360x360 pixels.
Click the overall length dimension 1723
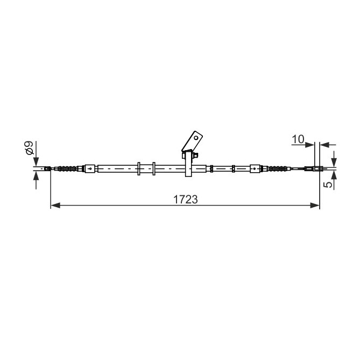186,199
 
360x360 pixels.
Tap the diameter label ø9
30,148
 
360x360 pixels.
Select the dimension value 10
298,139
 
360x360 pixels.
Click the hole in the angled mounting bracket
196,138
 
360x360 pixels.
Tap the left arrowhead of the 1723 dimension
55,205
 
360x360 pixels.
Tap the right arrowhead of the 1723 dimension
315,205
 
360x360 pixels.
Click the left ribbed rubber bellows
67,169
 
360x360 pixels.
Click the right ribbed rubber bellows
278,169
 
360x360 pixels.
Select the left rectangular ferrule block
90,168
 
